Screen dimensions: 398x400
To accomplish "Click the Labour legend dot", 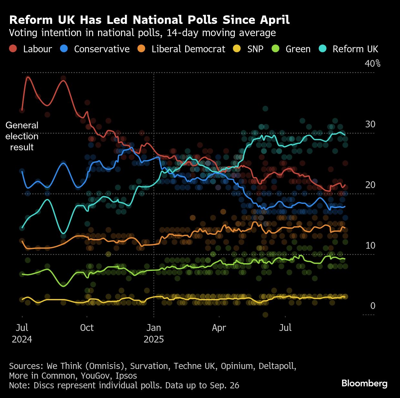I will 13,49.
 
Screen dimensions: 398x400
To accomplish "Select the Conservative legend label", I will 102,49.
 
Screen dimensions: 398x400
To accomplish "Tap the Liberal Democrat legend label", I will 188,49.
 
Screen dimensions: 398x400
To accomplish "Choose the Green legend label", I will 298,49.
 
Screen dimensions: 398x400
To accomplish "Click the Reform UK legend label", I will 355,49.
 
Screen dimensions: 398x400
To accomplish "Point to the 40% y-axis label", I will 373,64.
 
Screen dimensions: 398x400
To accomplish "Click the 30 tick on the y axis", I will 370,124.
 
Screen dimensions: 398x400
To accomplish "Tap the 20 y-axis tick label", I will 370,185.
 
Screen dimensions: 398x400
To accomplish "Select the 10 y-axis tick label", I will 370,245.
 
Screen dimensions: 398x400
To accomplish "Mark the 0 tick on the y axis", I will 373,306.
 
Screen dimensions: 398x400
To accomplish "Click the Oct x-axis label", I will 87,328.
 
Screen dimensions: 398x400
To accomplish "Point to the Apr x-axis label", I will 219,328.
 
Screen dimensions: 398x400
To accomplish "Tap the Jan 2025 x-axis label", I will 154,333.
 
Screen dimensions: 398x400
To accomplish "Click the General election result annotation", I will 22,136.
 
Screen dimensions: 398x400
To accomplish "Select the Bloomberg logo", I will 364,383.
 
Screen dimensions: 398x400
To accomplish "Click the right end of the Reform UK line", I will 345,134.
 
